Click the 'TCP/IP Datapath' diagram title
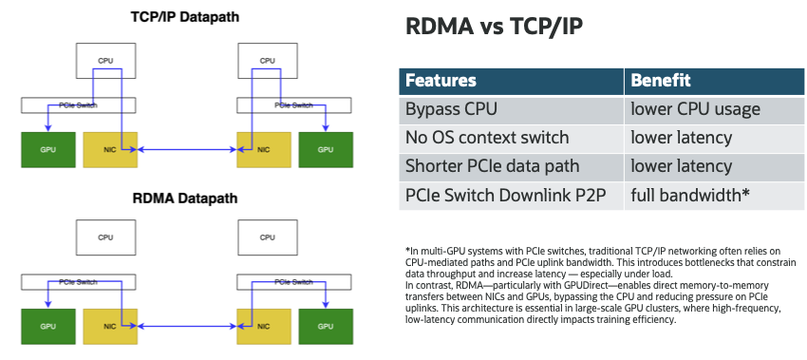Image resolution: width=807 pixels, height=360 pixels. coord(185,16)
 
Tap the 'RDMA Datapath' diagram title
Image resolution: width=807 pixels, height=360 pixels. coord(185,198)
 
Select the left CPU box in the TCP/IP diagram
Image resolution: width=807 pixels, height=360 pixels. coord(105,60)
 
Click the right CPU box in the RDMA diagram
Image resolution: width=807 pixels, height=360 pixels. coord(267,237)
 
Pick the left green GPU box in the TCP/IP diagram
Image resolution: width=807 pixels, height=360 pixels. coord(48,150)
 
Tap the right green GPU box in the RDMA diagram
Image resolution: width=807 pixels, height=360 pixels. coord(326,327)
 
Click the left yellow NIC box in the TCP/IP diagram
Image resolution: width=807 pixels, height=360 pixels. coord(110,150)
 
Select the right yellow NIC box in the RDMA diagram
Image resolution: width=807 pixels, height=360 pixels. coord(264,327)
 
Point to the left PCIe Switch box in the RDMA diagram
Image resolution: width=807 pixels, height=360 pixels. coord(78,282)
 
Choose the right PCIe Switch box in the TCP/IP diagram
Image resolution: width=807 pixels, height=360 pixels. coord(294,105)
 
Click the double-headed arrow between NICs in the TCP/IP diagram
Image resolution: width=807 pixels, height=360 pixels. coord(187,150)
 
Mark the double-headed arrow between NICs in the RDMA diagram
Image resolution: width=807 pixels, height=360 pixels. coord(187,327)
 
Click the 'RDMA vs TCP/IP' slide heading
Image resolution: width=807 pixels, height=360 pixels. coord(494,27)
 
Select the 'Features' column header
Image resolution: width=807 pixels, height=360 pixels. coord(441,81)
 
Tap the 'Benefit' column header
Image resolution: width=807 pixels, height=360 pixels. coord(661,81)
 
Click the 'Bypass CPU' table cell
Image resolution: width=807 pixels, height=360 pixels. coord(511,109)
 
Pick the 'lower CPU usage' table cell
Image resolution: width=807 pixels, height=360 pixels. coord(714,109)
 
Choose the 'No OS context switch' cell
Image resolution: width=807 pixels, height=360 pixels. coord(511,138)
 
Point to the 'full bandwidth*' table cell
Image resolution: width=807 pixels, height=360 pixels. coord(714,196)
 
